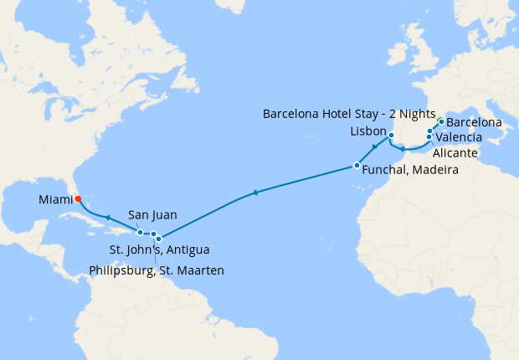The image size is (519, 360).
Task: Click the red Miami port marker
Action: click(78, 199)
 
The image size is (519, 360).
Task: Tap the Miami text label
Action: click(55, 200)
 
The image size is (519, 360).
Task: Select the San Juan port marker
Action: click(140, 233)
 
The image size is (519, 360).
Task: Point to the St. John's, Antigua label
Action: click(160, 250)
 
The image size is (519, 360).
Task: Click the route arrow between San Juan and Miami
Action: click(108, 216)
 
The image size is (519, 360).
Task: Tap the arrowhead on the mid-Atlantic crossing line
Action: click(254, 194)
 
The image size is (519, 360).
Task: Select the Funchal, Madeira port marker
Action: click(357, 166)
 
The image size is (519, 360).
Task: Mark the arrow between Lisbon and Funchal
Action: click(373, 148)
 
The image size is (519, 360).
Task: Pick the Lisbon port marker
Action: click(391, 135)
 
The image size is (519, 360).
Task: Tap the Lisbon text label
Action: click(367, 132)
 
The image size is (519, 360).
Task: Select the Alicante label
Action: click(456, 153)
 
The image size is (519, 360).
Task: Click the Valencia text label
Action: click(460, 137)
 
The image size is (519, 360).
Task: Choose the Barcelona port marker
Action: click(441, 121)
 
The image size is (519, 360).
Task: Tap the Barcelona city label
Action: click(475, 122)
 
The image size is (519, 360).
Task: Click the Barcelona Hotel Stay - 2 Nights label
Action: click(349, 114)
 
